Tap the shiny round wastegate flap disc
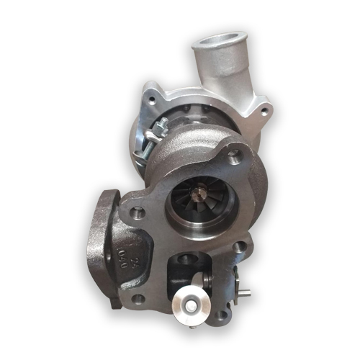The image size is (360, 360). [190, 307]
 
